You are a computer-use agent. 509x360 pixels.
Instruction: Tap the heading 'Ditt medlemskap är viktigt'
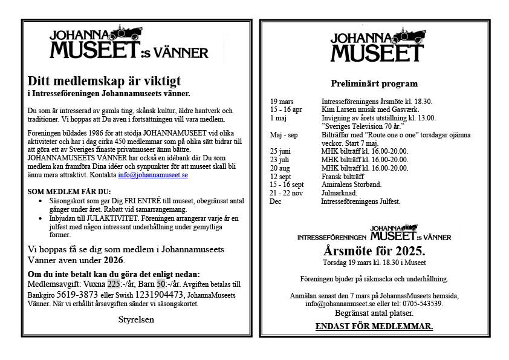tap(104, 80)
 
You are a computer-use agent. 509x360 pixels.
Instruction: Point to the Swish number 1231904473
tap(153, 295)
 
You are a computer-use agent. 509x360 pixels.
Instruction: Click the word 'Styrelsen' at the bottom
tap(137, 319)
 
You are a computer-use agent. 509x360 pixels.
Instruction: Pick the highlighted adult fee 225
tap(114, 284)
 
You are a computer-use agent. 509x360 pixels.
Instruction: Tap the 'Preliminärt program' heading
tap(374, 83)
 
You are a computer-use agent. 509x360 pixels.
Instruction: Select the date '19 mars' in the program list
tap(282, 101)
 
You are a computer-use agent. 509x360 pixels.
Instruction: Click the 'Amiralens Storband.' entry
tap(351, 185)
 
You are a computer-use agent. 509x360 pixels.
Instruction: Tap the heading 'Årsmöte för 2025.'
tap(374, 251)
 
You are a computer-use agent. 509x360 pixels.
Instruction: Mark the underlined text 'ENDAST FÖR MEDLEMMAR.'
tap(374, 327)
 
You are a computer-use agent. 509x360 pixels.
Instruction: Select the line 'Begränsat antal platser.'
tap(374, 313)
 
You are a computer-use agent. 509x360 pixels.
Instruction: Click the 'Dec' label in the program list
tap(276, 201)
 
